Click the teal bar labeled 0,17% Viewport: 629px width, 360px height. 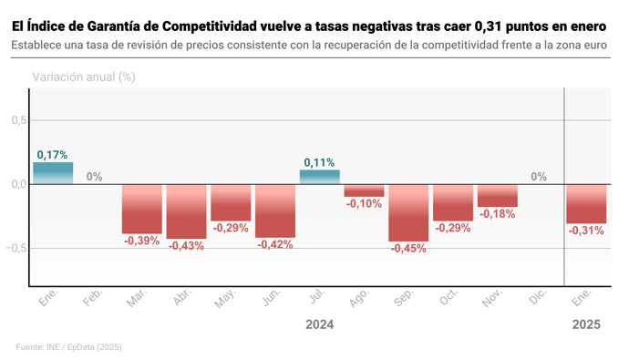pyautogui.click(x=53, y=173)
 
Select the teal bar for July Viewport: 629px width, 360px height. pyautogui.click(x=319, y=177)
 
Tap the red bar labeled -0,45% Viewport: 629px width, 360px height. pyautogui.click(x=408, y=212)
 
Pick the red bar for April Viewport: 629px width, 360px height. pyautogui.click(x=186, y=211)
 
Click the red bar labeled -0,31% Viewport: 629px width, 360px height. pyautogui.click(x=586, y=203)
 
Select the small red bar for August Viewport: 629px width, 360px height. pyautogui.click(x=364, y=190)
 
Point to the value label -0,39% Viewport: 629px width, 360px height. pyautogui.click(x=141, y=241)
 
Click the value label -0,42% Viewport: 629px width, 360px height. pyautogui.click(x=274, y=244)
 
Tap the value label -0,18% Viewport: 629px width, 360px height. pyautogui.click(x=497, y=214)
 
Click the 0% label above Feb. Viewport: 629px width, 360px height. pyautogui.click(x=95, y=177)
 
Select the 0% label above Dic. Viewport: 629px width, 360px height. pyautogui.click(x=539, y=177)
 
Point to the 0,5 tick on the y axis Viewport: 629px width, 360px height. pyautogui.click(x=16, y=120)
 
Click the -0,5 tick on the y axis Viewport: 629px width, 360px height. pyautogui.click(x=15, y=248)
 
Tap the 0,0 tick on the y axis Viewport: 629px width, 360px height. pyautogui.click(x=16, y=184)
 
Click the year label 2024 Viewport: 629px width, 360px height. pyautogui.click(x=319, y=324)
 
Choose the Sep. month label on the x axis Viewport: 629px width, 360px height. pyautogui.click(x=405, y=301)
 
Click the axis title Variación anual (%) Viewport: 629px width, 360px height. pyautogui.click(x=84, y=77)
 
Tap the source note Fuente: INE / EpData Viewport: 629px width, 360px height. pyautogui.click(x=69, y=347)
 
